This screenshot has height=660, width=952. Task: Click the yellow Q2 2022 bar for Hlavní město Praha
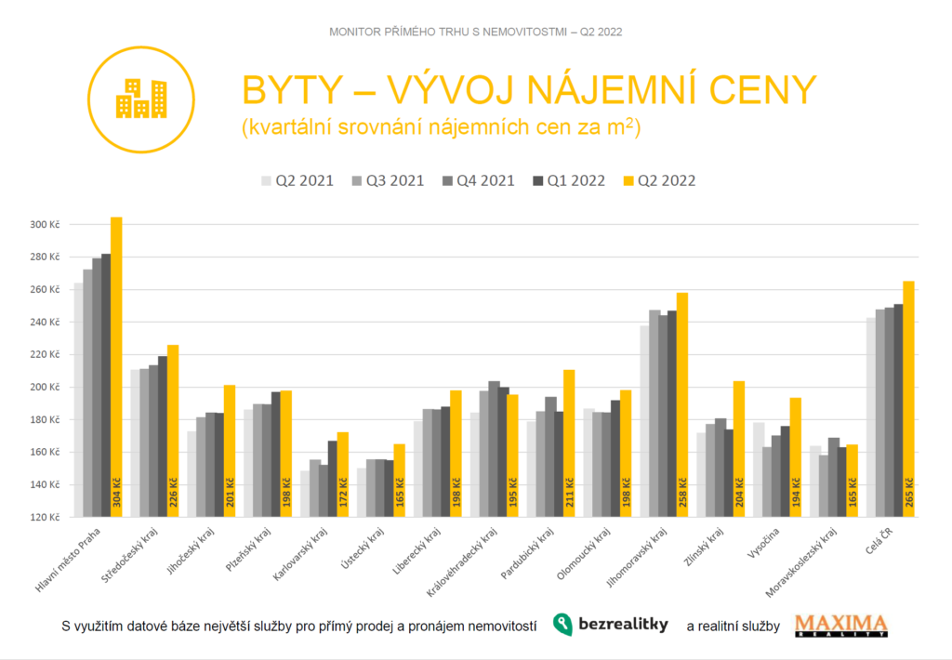click(x=116, y=372)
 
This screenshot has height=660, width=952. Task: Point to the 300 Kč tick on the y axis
click(x=44, y=225)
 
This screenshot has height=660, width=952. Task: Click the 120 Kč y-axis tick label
click(x=44, y=517)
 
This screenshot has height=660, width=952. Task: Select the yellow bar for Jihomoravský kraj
click(x=682, y=409)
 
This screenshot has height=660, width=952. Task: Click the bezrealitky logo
click(x=611, y=625)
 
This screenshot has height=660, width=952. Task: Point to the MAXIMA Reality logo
click(x=840, y=626)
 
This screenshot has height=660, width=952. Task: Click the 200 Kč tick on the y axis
click(x=44, y=388)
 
